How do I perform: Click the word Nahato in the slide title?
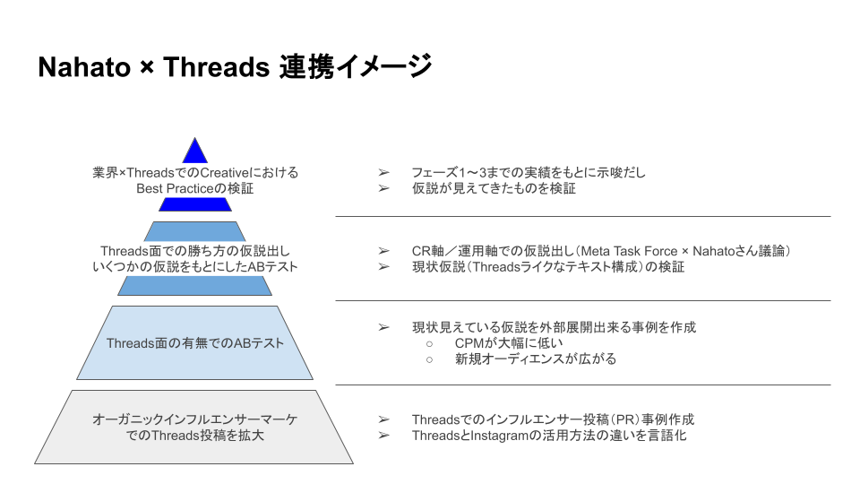(84, 67)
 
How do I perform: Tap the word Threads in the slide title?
(216, 67)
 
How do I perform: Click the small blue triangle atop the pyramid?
(194, 151)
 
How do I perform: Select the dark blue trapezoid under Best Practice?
(195, 204)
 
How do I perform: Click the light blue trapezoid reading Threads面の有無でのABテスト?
(194, 343)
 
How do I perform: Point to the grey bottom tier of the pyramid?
(194, 427)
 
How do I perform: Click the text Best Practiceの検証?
(194, 189)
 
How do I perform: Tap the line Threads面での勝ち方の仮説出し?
(195, 251)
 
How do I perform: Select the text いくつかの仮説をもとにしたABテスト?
(195, 267)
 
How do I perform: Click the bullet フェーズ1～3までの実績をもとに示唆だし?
(529, 173)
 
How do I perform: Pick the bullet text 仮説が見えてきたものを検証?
(494, 189)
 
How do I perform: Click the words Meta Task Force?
(629, 251)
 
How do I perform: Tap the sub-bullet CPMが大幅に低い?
(509, 343)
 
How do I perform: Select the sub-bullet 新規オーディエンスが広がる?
(536, 359)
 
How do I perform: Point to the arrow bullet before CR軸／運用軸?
(383, 251)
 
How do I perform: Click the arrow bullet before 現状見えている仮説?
(383, 328)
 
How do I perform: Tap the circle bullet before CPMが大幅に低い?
(429, 344)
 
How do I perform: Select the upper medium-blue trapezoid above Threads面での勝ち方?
(194, 231)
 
